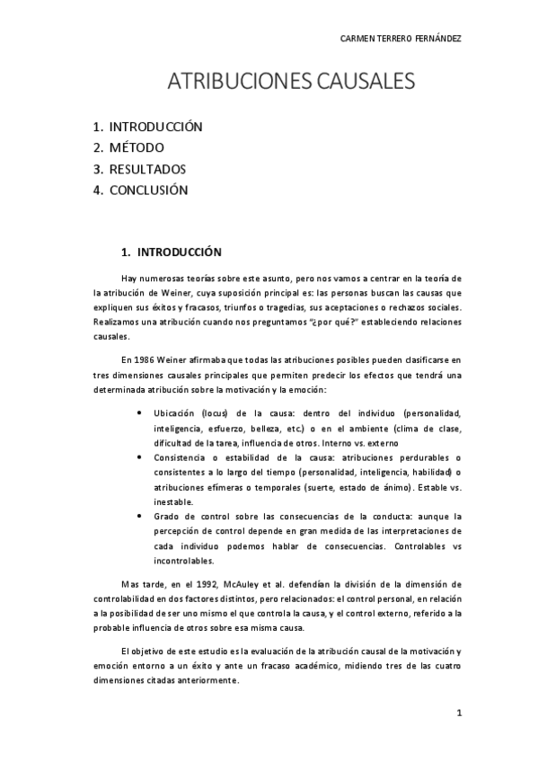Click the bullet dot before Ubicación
[137, 413]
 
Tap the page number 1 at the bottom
[458, 713]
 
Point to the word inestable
[174, 501]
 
